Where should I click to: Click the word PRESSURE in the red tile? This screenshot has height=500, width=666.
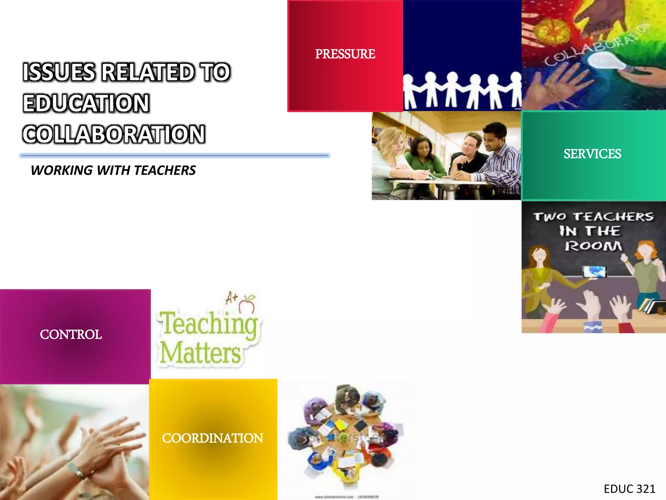pyautogui.click(x=345, y=54)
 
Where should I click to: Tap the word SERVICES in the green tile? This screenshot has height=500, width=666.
pyautogui.click(x=592, y=154)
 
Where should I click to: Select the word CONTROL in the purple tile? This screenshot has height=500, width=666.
pyautogui.click(x=71, y=335)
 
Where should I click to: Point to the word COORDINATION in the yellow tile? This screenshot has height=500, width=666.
pyautogui.click(x=213, y=438)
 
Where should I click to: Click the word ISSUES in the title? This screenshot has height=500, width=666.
pyautogui.click(x=59, y=72)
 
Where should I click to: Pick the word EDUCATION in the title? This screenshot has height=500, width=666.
pyautogui.click(x=86, y=104)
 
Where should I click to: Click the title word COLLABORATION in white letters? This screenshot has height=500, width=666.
pyautogui.click(x=114, y=134)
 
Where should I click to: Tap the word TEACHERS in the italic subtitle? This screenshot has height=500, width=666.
pyautogui.click(x=165, y=171)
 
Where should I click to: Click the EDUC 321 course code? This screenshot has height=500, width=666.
pyautogui.click(x=629, y=489)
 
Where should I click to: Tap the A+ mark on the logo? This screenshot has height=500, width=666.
pyautogui.click(x=232, y=297)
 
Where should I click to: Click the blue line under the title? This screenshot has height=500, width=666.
pyautogui.click(x=175, y=156)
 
